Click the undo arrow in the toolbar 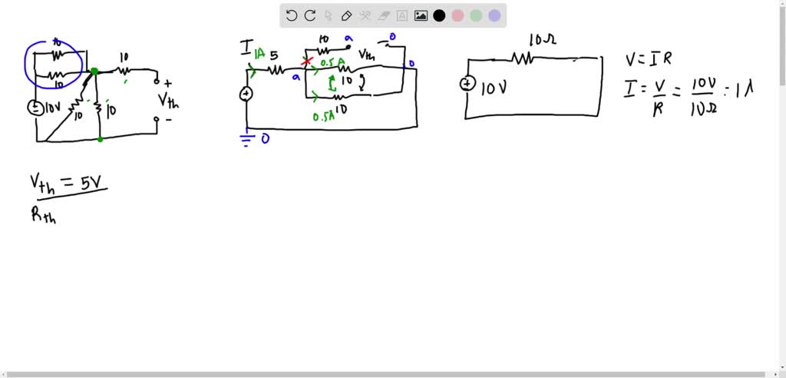click(292, 15)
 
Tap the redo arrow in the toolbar click(310, 15)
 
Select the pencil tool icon click(346, 15)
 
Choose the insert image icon click(421, 15)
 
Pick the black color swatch click(439, 15)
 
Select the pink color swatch click(457, 15)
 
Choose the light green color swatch click(476, 15)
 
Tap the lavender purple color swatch click(494, 15)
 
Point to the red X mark click(308, 61)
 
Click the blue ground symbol click(246, 139)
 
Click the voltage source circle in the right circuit click(467, 84)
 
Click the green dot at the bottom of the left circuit click(101, 139)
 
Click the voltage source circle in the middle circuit click(246, 94)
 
